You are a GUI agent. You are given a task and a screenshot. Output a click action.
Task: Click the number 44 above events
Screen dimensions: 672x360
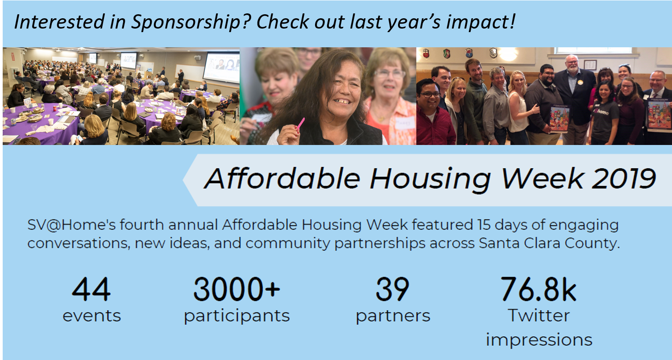91,289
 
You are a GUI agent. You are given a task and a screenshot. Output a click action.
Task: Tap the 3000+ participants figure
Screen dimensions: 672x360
236,289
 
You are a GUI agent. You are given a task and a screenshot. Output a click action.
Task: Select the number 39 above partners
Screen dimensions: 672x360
392,289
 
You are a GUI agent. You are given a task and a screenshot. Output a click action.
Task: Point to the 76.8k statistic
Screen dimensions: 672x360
539,289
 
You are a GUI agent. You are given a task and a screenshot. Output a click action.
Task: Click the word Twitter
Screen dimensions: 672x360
539,315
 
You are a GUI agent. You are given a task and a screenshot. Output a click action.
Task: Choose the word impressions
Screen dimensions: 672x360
539,340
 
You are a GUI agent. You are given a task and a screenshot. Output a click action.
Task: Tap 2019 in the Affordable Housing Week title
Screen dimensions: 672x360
624,179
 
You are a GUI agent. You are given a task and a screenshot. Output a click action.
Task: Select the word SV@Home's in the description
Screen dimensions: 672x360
71,225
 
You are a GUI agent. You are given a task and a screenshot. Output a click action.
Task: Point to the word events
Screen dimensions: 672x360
91,316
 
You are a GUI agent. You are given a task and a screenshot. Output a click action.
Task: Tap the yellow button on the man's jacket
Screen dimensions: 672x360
580,82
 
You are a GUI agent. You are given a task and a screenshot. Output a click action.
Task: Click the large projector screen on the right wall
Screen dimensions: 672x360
221,67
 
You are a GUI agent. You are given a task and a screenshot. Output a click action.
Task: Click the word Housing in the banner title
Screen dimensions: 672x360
430,179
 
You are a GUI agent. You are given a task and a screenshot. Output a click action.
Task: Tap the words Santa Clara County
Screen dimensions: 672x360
549,243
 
